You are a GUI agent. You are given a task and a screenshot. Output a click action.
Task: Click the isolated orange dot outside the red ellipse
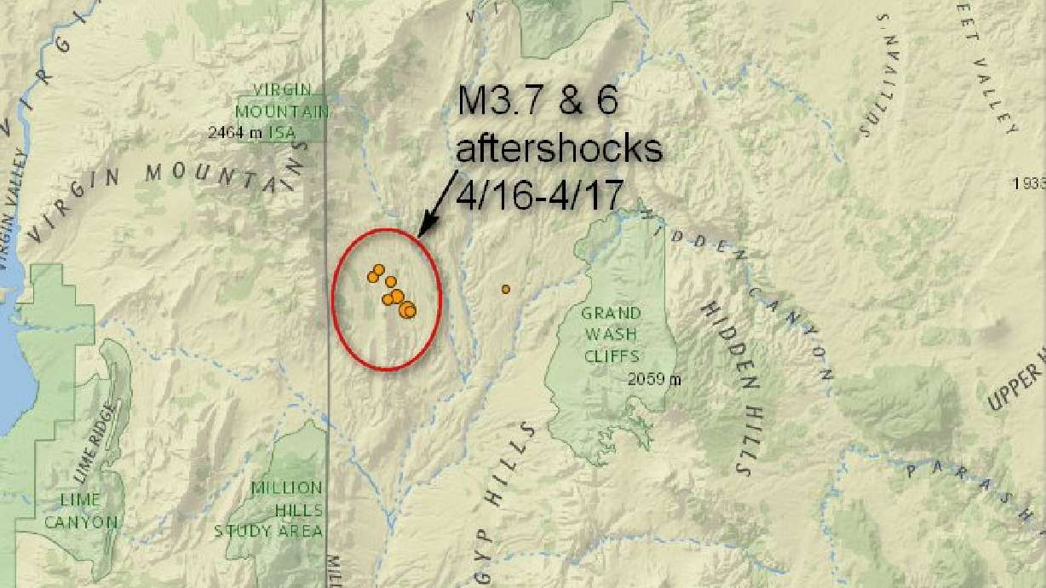tap(505, 289)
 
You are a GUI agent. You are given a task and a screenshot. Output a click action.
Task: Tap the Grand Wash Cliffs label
tap(611, 335)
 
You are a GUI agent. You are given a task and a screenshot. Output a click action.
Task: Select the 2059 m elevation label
tap(654, 379)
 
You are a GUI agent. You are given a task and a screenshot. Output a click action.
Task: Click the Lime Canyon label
tap(81, 510)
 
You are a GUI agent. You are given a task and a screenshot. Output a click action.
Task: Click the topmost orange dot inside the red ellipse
tap(378, 270)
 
